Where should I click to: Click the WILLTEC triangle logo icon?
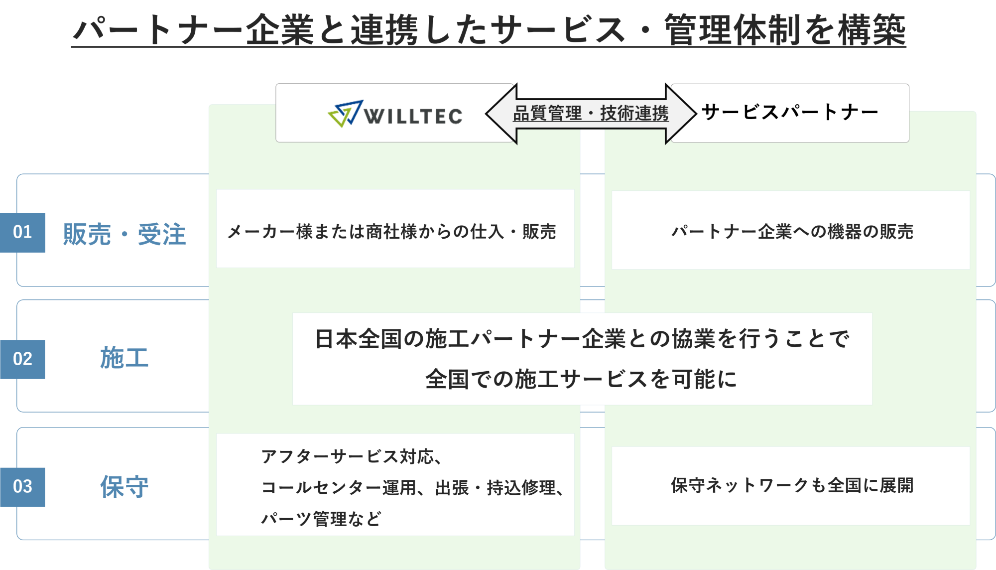345,114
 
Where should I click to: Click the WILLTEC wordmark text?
413,117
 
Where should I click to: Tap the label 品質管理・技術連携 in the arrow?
591,114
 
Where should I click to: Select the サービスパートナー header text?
790,112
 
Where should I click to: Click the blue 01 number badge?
22,233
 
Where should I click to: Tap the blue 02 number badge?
22,359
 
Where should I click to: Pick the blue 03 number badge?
22,487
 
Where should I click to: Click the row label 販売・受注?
124,234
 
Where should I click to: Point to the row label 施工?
124,358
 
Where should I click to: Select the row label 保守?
124,487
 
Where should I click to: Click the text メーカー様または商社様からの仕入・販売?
391,232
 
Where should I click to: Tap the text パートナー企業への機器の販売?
792,232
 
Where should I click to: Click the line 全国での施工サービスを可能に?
581,379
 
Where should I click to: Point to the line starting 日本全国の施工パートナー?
582,339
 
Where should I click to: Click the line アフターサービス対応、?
352,456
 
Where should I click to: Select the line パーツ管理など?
321,519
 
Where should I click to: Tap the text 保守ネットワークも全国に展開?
792,485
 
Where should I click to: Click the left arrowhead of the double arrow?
501,114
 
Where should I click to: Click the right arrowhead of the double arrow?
681,114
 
